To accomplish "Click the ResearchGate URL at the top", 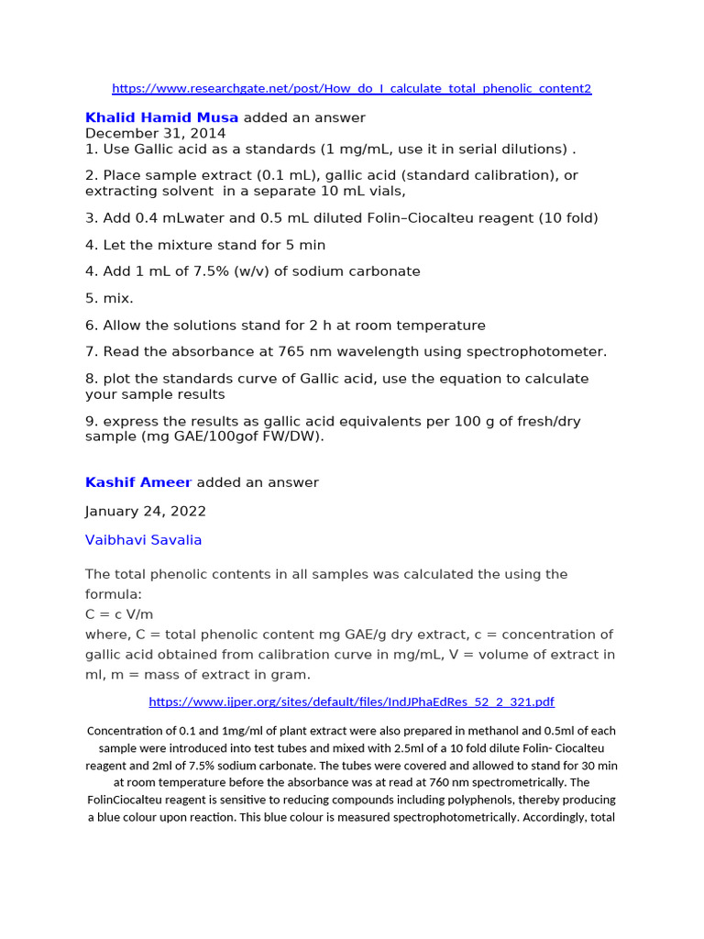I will pyautogui.click(x=351, y=89).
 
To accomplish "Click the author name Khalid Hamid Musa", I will pyautogui.click(x=161, y=117).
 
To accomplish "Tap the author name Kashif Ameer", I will pyautogui.click(x=138, y=482).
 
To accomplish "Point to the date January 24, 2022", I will pyautogui.click(x=145, y=511).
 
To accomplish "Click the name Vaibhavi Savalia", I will pyautogui.click(x=143, y=540).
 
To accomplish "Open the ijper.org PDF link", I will pyautogui.click(x=351, y=702).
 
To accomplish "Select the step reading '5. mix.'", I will pyautogui.click(x=109, y=298).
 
